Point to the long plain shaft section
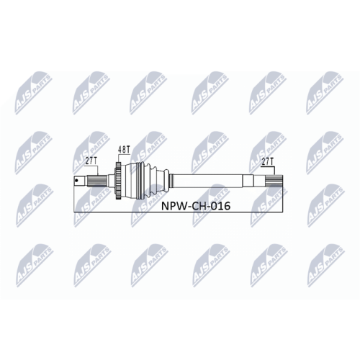click(209, 181)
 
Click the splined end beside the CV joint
click(94, 181)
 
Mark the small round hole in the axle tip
click(77, 181)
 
